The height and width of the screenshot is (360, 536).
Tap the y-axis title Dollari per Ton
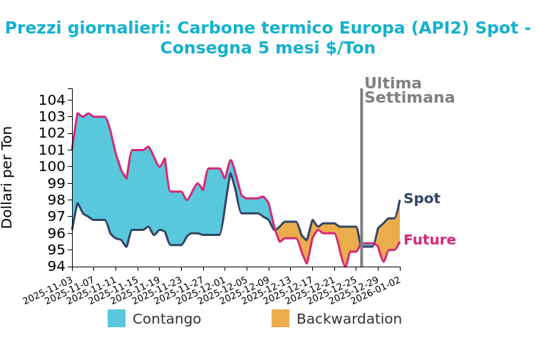(8, 177)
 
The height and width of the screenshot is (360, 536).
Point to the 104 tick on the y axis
(52, 100)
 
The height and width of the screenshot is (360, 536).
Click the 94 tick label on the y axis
(52, 267)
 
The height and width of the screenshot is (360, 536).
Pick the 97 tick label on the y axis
(52, 217)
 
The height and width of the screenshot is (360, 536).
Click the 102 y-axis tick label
(52, 133)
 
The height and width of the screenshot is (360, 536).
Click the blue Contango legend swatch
(116, 319)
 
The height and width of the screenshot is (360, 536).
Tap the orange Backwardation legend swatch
(280, 319)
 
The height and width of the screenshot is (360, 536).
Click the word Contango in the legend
(167, 319)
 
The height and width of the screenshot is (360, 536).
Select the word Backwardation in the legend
(349, 319)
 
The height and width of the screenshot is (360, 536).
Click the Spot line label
(422, 199)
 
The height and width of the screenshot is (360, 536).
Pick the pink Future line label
(430, 240)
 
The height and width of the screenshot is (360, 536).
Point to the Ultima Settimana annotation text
(409, 91)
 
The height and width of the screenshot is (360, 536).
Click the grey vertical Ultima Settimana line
(361, 178)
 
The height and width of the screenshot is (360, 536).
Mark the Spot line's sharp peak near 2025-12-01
(230, 174)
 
